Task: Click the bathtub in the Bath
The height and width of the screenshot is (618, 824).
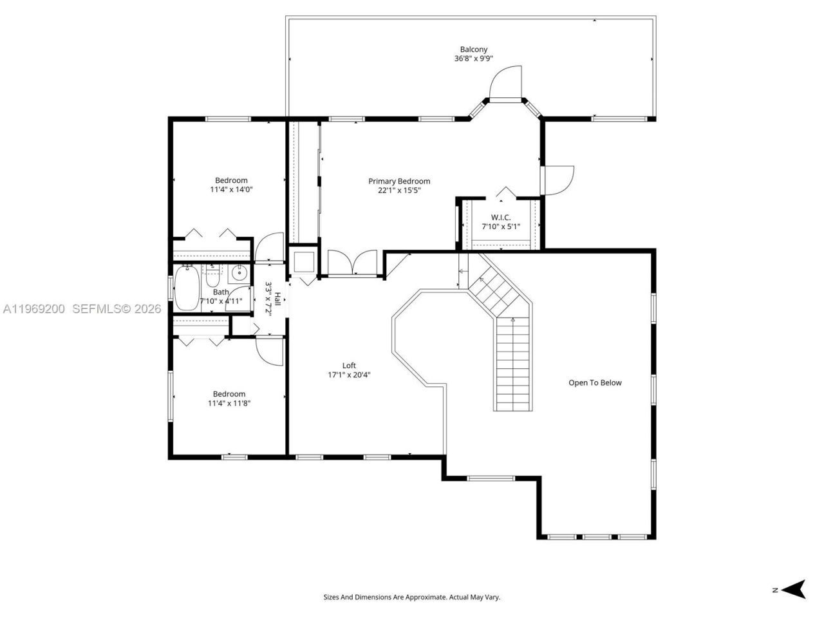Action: pyautogui.click(x=187, y=289)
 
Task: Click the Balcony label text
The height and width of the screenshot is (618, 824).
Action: pyautogui.click(x=473, y=49)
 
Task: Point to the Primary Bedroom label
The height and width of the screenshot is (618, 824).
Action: pyautogui.click(x=399, y=181)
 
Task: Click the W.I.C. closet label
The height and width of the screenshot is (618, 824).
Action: pyautogui.click(x=500, y=218)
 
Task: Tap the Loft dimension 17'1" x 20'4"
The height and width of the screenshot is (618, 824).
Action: pyautogui.click(x=349, y=375)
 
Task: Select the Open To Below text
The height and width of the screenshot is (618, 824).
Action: pyautogui.click(x=595, y=382)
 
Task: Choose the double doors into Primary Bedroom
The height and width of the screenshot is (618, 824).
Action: pyautogui.click(x=352, y=263)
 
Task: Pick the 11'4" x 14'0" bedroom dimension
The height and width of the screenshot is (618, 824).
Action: pyautogui.click(x=231, y=190)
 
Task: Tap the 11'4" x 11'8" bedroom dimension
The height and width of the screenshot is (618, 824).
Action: pyautogui.click(x=229, y=404)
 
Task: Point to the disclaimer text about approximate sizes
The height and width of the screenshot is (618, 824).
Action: pyautogui.click(x=411, y=597)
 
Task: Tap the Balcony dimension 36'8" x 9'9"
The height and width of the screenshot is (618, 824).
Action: pyautogui.click(x=473, y=59)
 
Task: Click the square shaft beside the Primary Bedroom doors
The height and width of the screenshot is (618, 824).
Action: pyautogui.click(x=303, y=261)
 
